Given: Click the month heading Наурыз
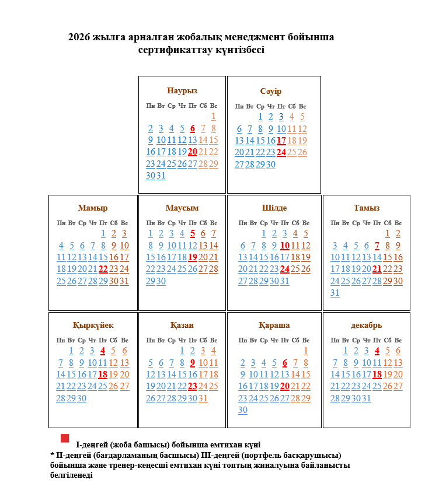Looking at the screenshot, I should tap(182, 91).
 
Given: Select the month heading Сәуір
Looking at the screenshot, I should tap(271, 92).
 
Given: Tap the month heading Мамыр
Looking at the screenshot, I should tap(93, 208).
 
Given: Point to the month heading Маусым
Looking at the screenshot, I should tap(182, 208).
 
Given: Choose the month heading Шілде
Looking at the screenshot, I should tap(274, 208).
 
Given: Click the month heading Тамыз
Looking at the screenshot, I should tap(367, 208).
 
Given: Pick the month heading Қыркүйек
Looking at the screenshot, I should tap(93, 325).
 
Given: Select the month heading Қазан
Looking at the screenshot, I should tap(182, 325).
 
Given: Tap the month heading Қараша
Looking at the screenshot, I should tap(274, 325).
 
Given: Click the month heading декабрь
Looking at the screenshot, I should tap(367, 325).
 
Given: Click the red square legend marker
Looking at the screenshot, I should tap(65, 438).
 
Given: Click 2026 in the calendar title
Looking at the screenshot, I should tap(79, 37).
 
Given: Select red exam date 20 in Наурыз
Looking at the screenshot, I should tap(193, 152).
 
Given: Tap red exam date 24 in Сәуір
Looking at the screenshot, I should tap(281, 152).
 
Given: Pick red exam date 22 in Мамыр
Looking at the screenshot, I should tap(103, 269).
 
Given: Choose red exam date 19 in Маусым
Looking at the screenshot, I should tap(193, 257).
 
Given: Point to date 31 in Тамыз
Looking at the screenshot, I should tap(335, 293).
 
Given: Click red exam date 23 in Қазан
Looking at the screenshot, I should tap(193, 386).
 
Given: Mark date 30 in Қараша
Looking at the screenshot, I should tap(243, 410).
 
